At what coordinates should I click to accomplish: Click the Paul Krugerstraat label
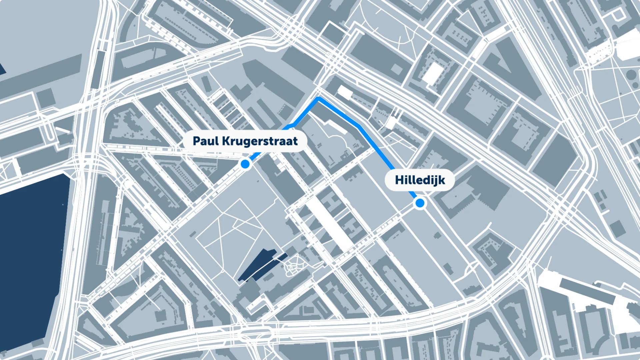click(245, 141)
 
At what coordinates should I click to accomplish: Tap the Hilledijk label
click(420, 180)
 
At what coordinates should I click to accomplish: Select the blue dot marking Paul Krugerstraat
click(245, 164)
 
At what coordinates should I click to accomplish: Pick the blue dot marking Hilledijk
click(420, 203)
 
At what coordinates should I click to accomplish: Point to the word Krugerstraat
click(260, 141)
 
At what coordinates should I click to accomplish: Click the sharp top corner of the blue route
click(319, 98)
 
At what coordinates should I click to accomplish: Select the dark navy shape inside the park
click(260, 265)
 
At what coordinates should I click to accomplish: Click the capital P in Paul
click(196, 141)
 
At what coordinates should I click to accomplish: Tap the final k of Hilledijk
click(442, 180)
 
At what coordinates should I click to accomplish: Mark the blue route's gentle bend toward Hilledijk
click(358, 126)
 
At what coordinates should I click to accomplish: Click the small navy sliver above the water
click(2, 68)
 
